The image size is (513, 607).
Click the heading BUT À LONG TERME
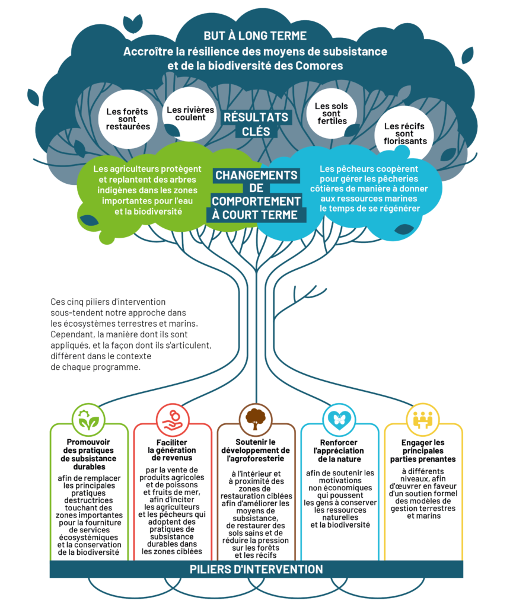click(255, 36)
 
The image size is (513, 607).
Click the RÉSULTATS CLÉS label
click(256, 124)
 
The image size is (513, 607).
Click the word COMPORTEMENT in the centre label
click(256, 202)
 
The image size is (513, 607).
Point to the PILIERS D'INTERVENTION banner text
click(256, 569)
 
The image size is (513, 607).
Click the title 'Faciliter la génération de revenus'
click(172, 450)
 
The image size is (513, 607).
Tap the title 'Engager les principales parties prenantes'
click(423, 451)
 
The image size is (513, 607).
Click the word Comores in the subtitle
click(321, 66)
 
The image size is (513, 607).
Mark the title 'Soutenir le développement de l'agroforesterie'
click(256, 450)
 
